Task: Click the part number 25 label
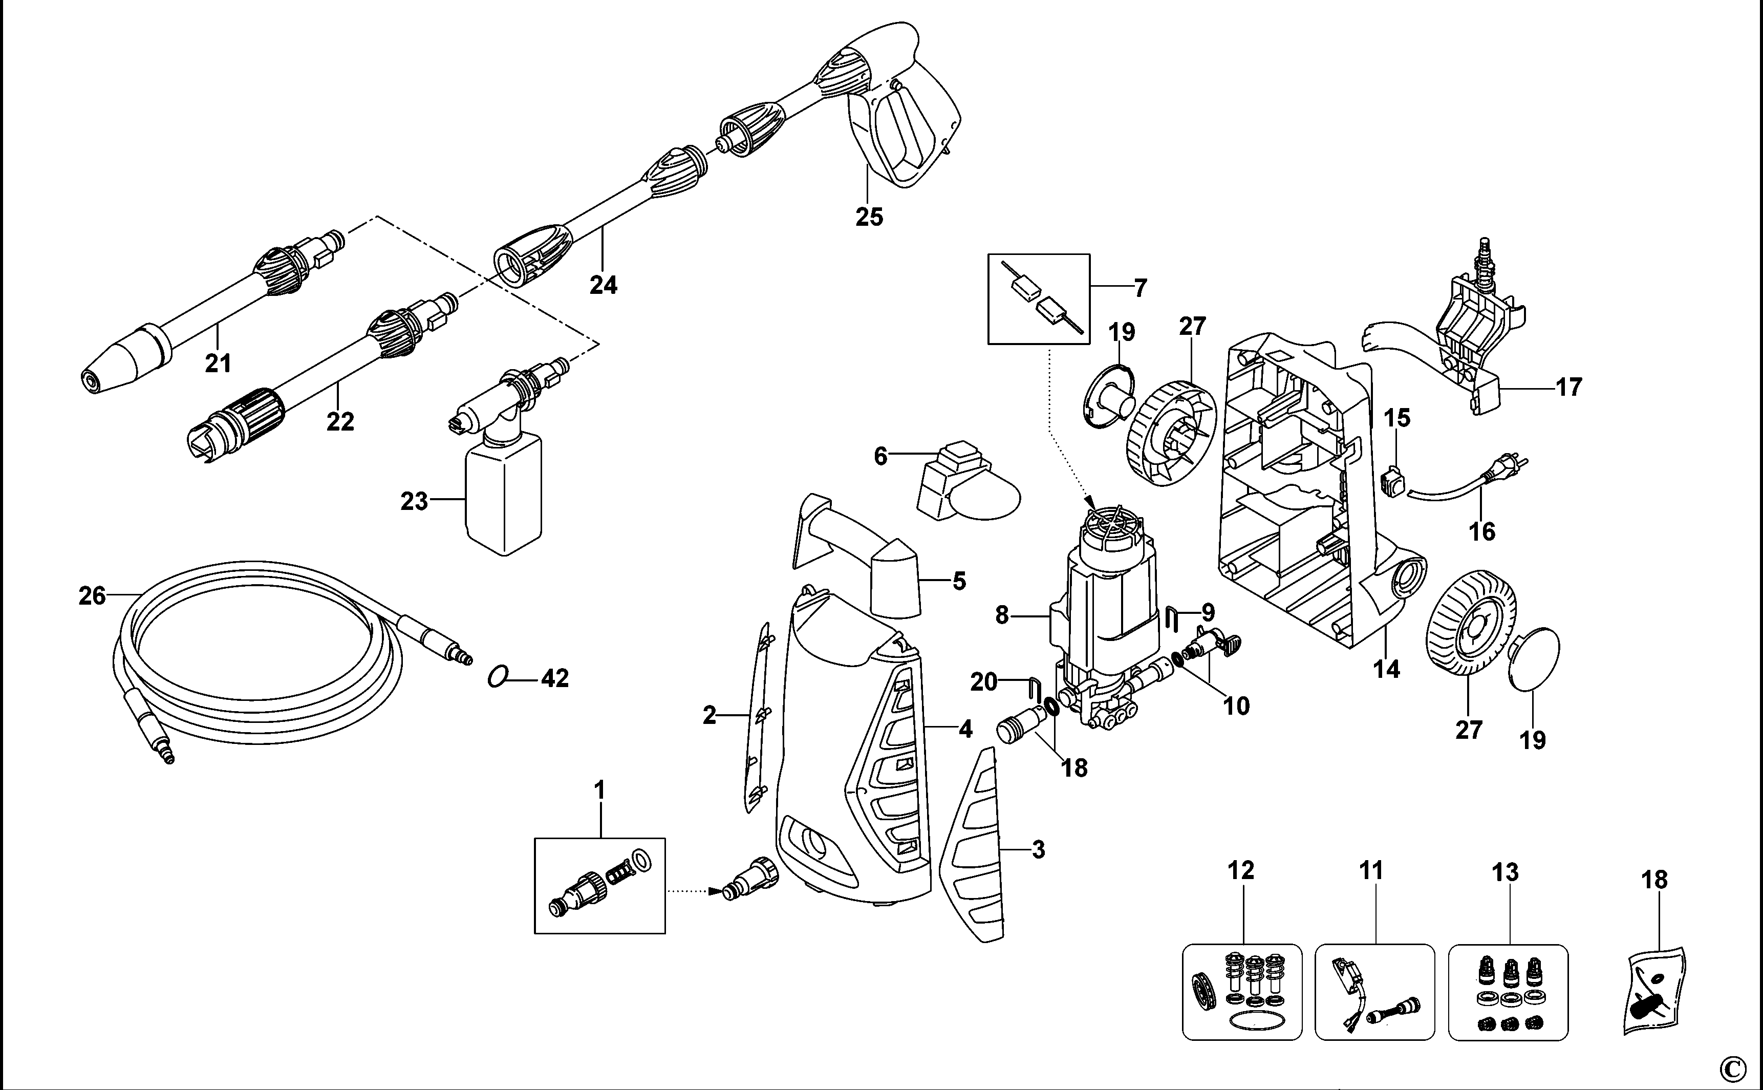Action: (x=869, y=216)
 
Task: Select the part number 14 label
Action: (x=1386, y=669)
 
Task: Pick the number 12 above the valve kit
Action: (x=1241, y=870)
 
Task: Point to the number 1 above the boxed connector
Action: (x=599, y=791)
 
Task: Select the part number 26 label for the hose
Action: (x=92, y=595)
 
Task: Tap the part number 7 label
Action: (x=1139, y=288)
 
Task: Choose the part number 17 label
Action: (x=1569, y=387)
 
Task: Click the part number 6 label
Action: (x=880, y=456)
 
